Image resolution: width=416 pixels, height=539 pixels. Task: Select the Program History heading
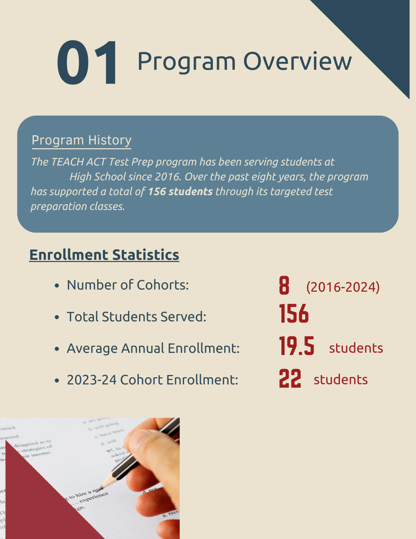pos(81,140)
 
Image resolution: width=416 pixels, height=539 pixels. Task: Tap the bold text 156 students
pos(180,192)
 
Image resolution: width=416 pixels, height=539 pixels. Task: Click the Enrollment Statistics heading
pos(104,255)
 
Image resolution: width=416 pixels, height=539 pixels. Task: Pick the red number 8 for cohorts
pos(284,286)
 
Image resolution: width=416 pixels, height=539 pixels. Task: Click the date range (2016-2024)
pos(343,287)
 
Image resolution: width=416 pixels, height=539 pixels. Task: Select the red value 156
pos(294,314)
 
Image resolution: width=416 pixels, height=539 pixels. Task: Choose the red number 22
pos(290,378)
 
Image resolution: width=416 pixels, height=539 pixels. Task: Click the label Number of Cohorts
pos(128,285)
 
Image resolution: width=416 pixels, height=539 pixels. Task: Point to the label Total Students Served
pos(136,317)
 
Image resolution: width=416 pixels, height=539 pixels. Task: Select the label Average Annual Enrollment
pos(153,348)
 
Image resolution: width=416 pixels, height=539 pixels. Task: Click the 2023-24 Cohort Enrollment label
pos(152,380)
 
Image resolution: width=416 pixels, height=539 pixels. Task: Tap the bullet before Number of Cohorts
pos(57,286)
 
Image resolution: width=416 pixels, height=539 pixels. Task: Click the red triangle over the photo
pos(39,507)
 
